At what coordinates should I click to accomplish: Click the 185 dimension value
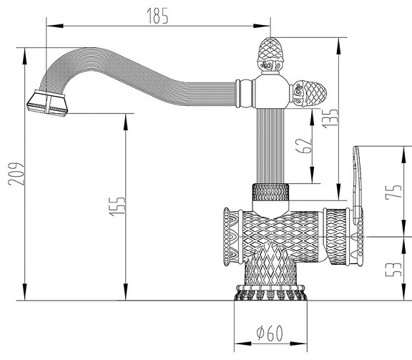pos(157,16)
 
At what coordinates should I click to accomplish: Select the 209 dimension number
pos(16,174)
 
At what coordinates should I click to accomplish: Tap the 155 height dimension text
pos(117,206)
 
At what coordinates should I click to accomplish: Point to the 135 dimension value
pos(330,119)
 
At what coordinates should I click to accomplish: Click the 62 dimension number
pos(304,145)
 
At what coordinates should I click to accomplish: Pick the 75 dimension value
pos(393,192)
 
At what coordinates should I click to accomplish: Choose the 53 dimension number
pos(393,269)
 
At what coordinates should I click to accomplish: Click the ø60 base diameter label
pos(270,333)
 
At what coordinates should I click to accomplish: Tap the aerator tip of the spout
pos(47,103)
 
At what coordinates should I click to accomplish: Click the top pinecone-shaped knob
pos(270,54)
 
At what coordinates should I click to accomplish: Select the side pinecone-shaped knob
pos(308,93)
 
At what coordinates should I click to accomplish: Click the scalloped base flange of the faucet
pos(270,293)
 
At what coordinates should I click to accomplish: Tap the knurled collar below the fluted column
pos(270,193)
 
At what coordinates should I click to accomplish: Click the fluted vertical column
pos(270,146)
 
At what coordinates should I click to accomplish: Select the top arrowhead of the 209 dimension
pos(25,56)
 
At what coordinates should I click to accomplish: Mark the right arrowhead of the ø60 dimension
pos(299,344)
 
